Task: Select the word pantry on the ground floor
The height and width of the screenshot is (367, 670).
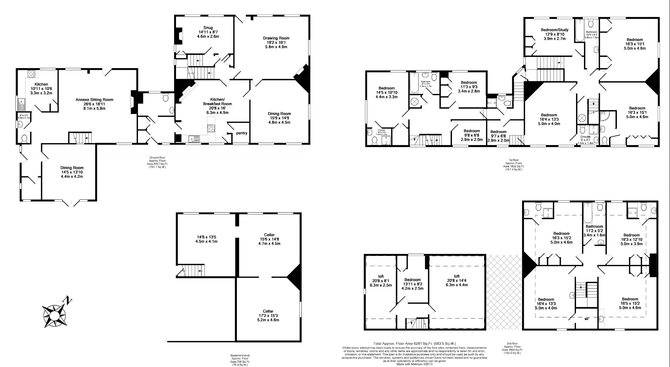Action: (x=242, y=133)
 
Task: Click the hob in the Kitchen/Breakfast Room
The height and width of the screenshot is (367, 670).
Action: (x=211, y=128)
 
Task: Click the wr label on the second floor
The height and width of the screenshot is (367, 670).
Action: (x=586, y=319)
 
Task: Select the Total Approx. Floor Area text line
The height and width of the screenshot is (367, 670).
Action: (x=414, y=344)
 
